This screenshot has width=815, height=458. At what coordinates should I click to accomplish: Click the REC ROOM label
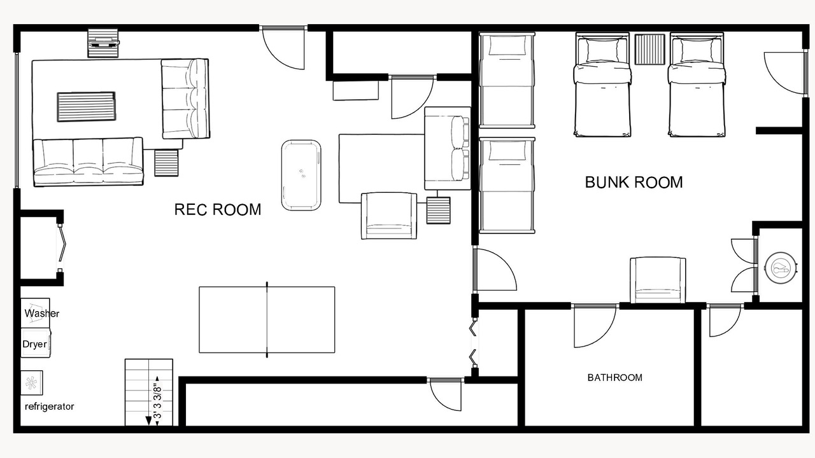(218, 210)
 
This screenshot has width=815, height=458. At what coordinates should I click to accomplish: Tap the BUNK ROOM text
(634, 183)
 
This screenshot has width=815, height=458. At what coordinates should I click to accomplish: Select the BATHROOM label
(615, 378)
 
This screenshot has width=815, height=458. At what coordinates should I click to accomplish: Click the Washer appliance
(35, 312)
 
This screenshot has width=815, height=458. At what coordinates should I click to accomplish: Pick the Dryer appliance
(35, 343)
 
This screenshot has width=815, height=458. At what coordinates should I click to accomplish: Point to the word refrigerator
(50, 406)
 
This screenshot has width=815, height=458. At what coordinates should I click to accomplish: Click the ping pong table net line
(267, 320)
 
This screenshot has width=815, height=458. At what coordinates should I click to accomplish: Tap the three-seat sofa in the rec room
(88, 162)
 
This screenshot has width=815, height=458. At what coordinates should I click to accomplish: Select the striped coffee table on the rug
(86, 106)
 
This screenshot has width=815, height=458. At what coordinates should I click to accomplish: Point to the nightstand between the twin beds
(649, 50)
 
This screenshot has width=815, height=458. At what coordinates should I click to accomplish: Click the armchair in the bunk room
(658, 280)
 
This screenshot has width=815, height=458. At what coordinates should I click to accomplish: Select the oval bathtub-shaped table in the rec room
(301, 175)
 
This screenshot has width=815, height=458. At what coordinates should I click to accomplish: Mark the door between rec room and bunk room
(494, 269)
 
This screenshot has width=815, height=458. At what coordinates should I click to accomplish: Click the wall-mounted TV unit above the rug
(103, 43)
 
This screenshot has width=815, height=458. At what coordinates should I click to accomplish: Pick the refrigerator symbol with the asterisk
(31, 383)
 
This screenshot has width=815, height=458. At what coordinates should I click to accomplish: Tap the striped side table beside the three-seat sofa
(166, 163)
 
